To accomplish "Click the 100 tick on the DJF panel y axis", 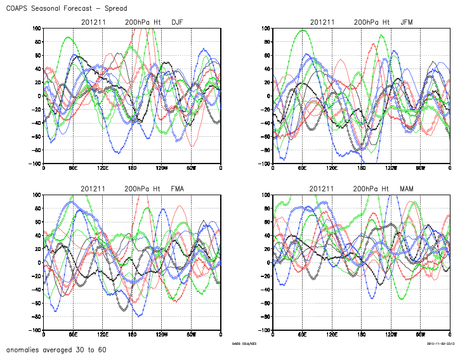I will [x=36, y=29].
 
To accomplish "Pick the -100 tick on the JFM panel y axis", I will [x=263, y=164].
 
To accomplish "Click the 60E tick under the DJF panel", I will [x=73, y=169].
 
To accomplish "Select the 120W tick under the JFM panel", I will [x=391, y=169].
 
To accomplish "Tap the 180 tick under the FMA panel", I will [x=132, y=335].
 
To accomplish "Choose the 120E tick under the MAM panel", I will [x=332, y=335].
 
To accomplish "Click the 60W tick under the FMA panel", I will [x=191, y=335].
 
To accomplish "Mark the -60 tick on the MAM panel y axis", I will [x=265, y=304].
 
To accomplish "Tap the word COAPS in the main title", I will [x=18, y=9].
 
